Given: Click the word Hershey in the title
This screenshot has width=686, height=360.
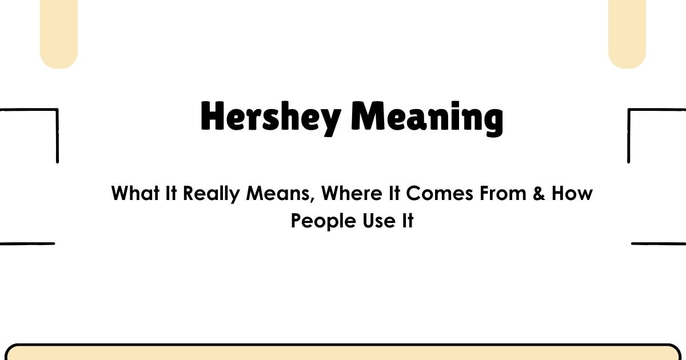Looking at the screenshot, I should click(x=270, y=117).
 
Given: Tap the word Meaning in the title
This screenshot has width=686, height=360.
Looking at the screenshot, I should click(x=427, y=118).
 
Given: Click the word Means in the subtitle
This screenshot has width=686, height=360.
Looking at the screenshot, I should click(x=280, y=193).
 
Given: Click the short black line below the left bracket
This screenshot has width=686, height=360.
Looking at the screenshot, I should click(x=27, y=244).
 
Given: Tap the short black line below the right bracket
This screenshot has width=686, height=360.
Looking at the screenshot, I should click(x=659, y=244).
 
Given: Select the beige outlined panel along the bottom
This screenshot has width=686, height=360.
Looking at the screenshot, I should click(x=343, y=353).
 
